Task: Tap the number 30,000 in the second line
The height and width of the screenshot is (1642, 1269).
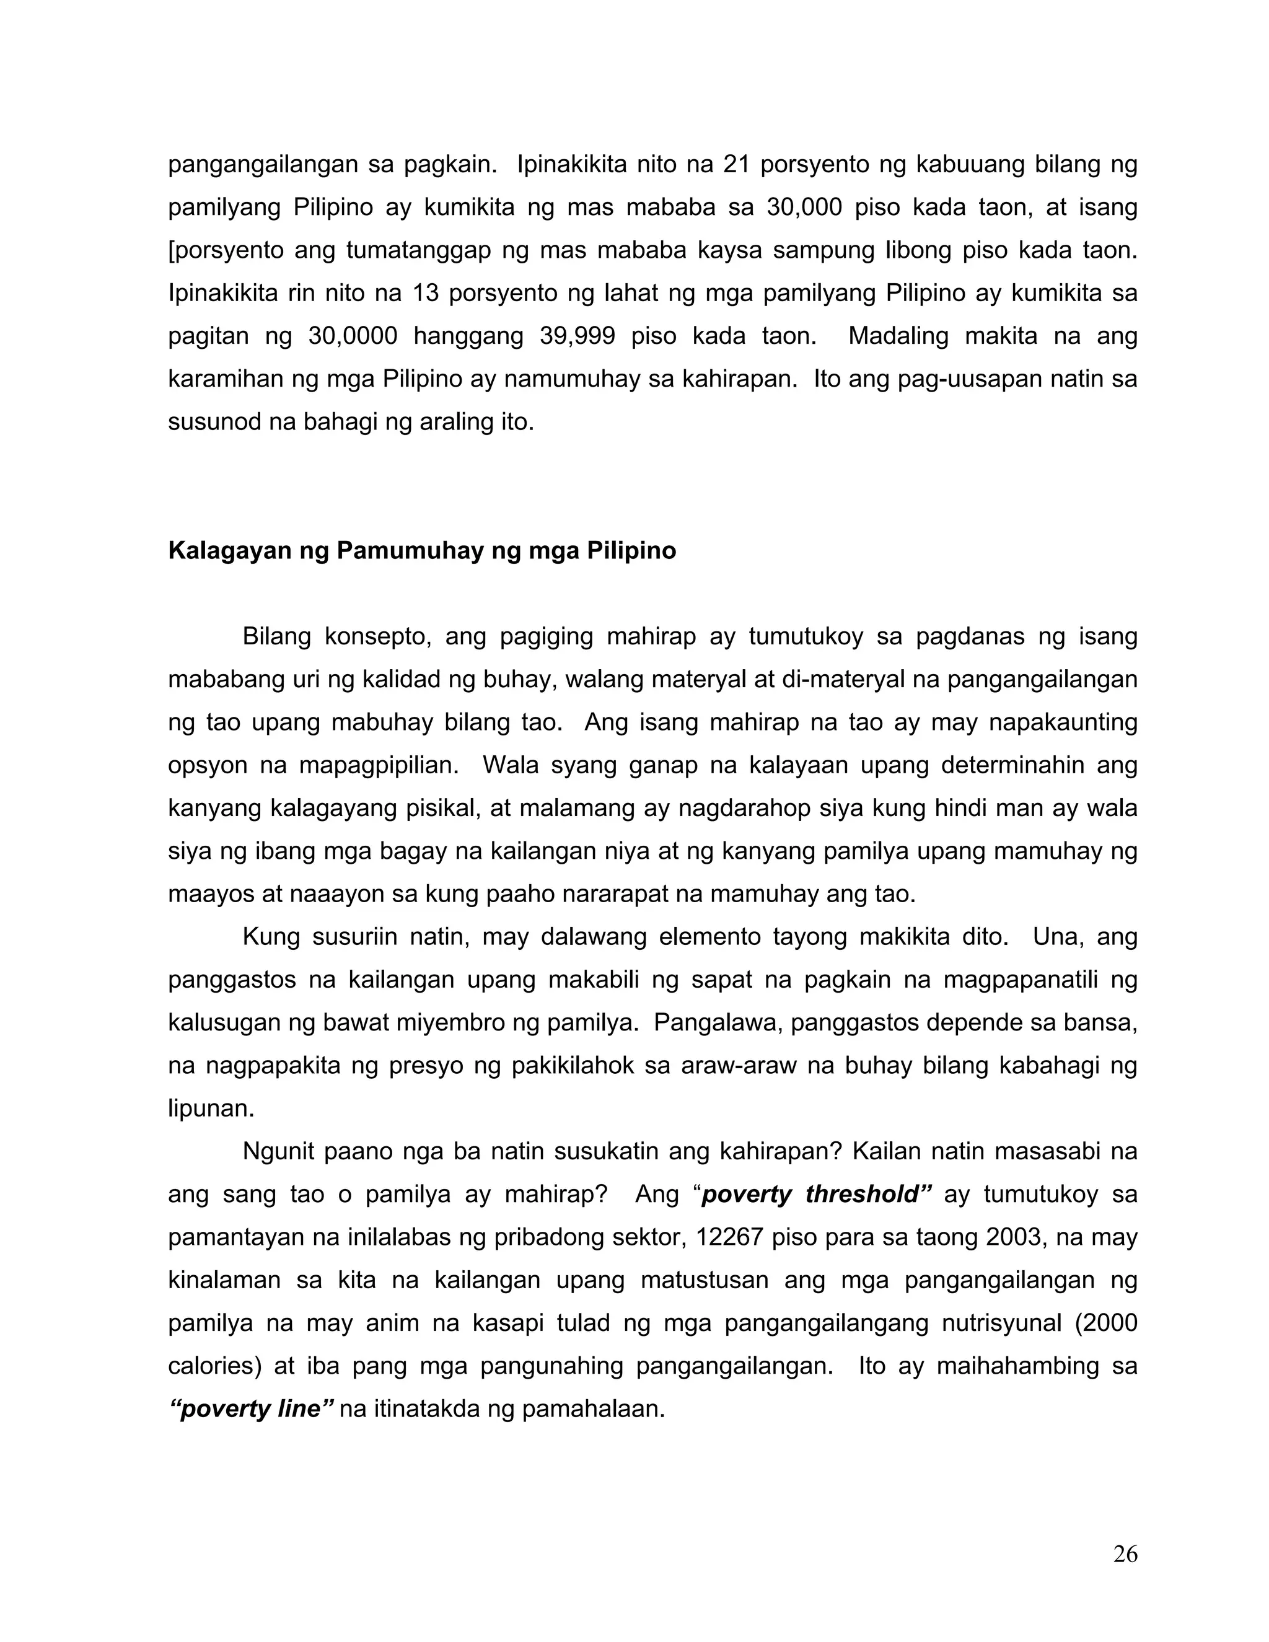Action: click(x=804, y=208)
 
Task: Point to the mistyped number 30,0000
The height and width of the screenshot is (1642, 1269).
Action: click(x=353, y=336)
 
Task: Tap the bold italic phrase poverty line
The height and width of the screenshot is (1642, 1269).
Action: click(x=251, y=1409)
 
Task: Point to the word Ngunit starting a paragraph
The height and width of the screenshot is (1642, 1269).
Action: click(x=276, y=1152)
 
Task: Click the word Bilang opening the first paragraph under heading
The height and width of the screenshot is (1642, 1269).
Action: click(x=276, y=637)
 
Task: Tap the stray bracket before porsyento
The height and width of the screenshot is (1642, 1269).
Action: click(x=172, y=250)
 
